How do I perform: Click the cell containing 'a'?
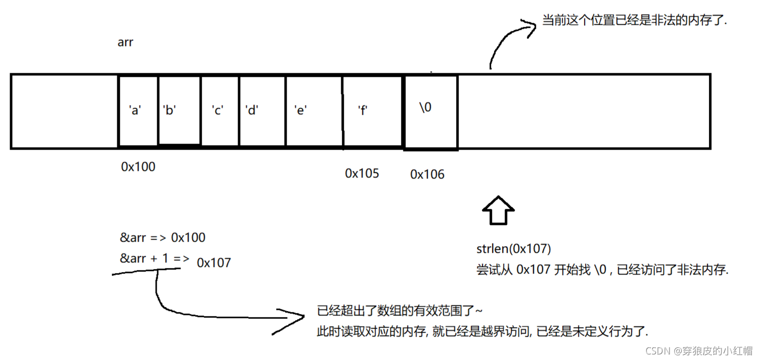[x=138, y=111]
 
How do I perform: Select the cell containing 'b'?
[x=179, y=110]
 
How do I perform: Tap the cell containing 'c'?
[x=219, y=110]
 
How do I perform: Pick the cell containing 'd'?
[x=262, y=110]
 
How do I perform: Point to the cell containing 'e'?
[x=314, y=110]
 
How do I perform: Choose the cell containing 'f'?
[x=372, y=111]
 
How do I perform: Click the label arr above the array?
[x=125, y=42]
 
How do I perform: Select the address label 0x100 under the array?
[x=138, y=166]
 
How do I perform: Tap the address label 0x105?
[x=362, y=173]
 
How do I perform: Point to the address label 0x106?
[x=427, y=174]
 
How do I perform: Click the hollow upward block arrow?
[x=498, y=210]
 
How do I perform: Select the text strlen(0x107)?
[x=513, y=249]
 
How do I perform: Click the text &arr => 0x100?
[x=162, y=238]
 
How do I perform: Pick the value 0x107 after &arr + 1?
[x=214, y=263]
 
